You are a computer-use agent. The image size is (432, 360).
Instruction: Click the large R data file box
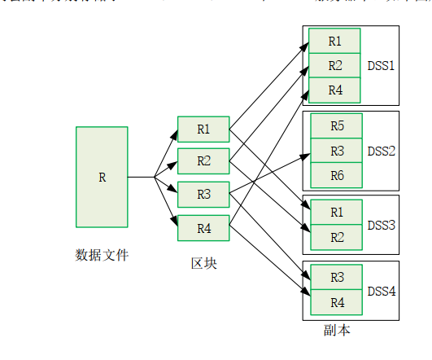[x=102, y=177]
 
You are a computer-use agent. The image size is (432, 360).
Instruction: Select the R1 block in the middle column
[x=203, y=129]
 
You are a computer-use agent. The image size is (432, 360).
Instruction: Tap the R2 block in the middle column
[x=203, y=161]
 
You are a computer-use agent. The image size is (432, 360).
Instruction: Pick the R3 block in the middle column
[x=203, y=195]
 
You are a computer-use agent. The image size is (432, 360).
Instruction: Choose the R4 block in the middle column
[x=203, y=228]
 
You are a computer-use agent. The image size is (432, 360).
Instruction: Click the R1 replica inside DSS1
[x=334, y=40]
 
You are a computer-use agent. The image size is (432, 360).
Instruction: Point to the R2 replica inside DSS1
[x=334, y=65]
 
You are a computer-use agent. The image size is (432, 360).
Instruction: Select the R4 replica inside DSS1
[x=334, y=90]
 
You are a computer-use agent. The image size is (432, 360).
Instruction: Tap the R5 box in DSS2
[x=336, y=126]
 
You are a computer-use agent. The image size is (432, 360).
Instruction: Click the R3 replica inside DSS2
[x=336, y=151]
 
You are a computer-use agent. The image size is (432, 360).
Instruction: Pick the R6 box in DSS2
[x=336, y=175]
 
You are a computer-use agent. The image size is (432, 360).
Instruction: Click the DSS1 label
[x=381, y=65]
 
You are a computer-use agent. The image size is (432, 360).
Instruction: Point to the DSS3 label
[x=381, y=224]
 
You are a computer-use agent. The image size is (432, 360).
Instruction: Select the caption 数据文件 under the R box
[x=102, y=255]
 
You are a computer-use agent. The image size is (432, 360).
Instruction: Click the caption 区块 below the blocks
[x=203, y=263]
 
